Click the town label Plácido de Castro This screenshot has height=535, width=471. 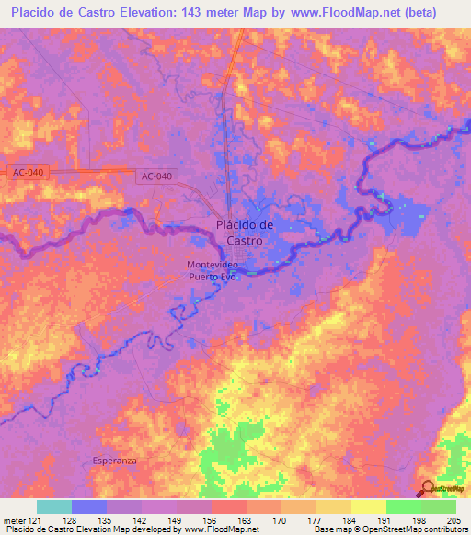[245, 232]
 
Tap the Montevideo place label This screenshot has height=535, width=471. [214, 265]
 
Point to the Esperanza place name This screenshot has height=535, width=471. [115, 459]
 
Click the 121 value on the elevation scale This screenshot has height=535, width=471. [34, 519]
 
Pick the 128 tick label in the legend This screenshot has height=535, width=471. [71, 519]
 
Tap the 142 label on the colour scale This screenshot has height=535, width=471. [141, 519]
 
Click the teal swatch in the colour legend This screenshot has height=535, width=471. [53, 507]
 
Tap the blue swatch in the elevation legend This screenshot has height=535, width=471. [88, 507]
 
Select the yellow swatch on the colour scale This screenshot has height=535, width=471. [368, 507]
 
